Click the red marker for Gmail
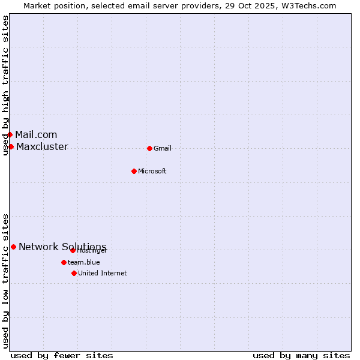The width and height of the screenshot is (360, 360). (149, 148)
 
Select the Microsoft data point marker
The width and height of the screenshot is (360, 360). (134, 171)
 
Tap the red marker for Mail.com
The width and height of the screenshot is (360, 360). (10, 134)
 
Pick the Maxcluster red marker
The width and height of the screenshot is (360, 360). (11, 146)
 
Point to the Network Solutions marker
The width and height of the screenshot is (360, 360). (13, 247)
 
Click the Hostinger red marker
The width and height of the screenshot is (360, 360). (73, 250)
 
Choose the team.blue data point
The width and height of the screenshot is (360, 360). (64, 262)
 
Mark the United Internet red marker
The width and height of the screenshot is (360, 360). (74, 273)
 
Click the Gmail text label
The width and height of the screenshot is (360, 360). (163, 148)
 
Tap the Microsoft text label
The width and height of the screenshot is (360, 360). (152, 171)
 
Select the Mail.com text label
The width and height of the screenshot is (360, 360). (36, 134)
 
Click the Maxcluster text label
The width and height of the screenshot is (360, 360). (42, 146)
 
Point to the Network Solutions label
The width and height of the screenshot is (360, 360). (62, 247)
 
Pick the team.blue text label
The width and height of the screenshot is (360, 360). (84, 262)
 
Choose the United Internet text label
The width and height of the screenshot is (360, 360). (103, 273)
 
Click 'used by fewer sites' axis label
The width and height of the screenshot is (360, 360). (62, 355)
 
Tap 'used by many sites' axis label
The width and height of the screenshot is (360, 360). (301, 355)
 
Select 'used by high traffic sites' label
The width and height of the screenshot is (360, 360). (5, 85)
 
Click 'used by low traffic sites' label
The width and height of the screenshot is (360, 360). (5, 281)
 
